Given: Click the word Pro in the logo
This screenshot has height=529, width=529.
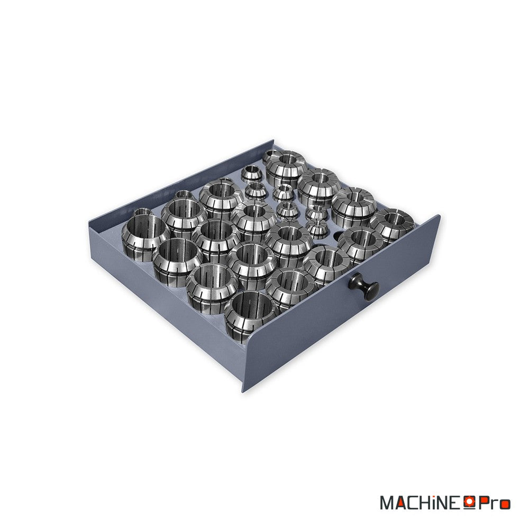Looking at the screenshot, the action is [x=494, y=503].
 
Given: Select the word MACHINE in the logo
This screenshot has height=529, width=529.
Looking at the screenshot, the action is [x=422, y=503].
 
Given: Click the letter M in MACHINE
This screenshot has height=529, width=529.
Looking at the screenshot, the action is [x=387, y=503].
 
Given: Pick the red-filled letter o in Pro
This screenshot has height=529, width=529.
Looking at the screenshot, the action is [x=505, y=505].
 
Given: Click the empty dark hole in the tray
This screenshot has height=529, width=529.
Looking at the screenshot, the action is [x=339, y=236].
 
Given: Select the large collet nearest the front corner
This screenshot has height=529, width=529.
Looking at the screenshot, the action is [x=250, y=315].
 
